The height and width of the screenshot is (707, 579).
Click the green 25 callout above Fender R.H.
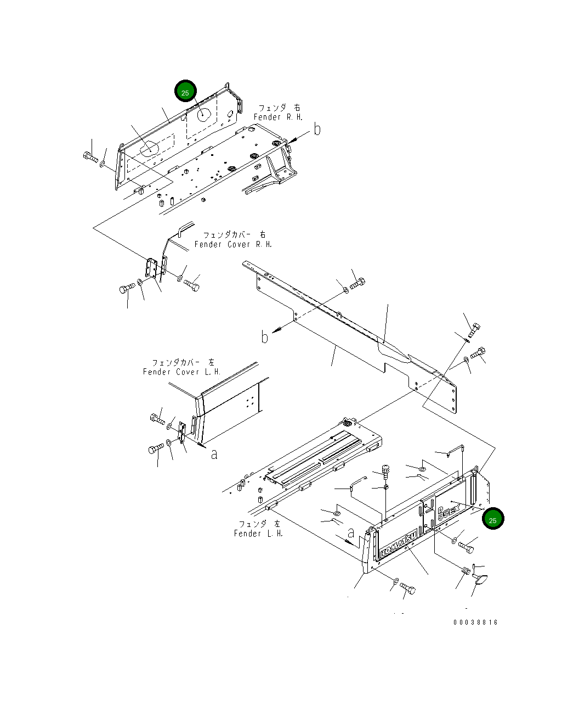[185, 92]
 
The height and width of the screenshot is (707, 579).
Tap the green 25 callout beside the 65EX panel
[492, 519]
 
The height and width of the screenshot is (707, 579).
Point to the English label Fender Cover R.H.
[233, 244]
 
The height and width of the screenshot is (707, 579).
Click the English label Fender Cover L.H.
[182, 372]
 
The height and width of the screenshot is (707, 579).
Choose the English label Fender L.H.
[259, 533]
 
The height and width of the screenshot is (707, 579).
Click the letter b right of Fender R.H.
[317, 130]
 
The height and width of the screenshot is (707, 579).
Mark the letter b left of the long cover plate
[265, 336]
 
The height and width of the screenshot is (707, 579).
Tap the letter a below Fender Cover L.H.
[214, 453]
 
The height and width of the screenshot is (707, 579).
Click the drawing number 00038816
[475, 622]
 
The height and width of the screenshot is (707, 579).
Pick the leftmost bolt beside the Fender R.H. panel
[89, 158]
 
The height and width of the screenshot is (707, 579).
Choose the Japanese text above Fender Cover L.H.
[183, 362]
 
